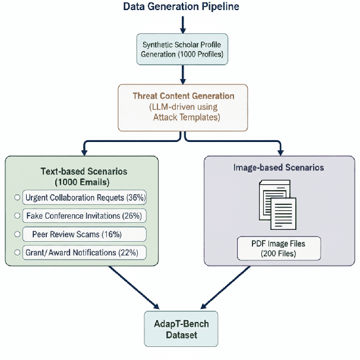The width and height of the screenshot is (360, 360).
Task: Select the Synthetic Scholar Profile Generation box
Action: (183, 49)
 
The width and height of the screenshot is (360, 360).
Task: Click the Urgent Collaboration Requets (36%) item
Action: (85, 197)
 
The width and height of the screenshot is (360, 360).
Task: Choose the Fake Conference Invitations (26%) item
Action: (85, 216)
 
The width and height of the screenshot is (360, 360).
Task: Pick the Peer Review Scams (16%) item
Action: (85, 234)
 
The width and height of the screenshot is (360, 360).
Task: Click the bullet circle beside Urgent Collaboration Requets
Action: (17, 197)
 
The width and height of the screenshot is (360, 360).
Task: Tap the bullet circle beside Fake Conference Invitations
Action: (17, 216)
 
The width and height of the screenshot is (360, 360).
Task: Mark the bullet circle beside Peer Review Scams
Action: (17, 234)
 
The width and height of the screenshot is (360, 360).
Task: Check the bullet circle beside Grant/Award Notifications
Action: (17, 253)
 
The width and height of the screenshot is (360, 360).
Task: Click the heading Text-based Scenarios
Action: (83, 176)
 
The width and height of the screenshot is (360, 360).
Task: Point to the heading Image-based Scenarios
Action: (279, 168)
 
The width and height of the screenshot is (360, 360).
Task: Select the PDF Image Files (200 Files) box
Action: (279, 248)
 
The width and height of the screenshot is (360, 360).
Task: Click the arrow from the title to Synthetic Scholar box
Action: (183, 24)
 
